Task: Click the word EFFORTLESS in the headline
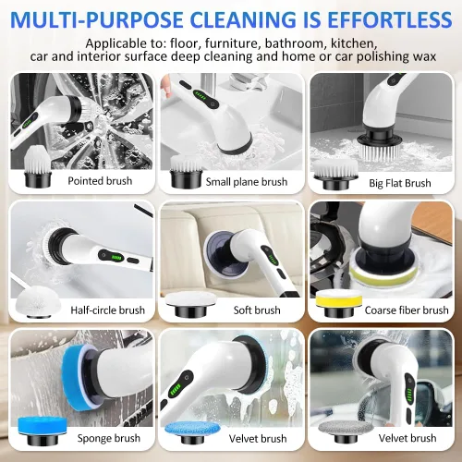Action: [389, 19]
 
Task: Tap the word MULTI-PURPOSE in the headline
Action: [96, 19]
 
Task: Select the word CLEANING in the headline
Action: [245, 19]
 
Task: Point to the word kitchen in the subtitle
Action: [354, 43]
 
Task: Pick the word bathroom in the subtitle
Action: [295, 43]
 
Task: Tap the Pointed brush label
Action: [100, 181]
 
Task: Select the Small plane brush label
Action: [247, 182]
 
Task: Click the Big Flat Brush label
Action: [400, 183]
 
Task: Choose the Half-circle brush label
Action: [107, 310]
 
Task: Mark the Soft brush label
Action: [257, 310]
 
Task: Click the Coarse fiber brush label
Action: [407, 310]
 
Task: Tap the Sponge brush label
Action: [109, 438]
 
